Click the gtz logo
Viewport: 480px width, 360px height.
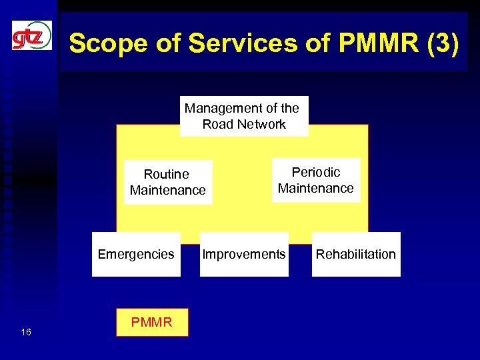tap(31, 35)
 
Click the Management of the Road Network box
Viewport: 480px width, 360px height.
tap(243, 116)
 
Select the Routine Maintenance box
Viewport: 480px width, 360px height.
tap(167, 182)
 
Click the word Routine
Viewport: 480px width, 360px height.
tap(167, 174)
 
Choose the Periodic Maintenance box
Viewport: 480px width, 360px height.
tap(315, 180)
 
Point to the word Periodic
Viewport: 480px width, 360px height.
tap(316, 172)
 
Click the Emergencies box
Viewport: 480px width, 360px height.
tap(136, 254)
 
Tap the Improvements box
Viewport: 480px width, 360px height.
tap(244, 254)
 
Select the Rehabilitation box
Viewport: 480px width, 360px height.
tap(355, 254)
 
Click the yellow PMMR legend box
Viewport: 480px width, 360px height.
tap(152, 323)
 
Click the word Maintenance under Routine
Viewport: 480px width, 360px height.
tap(168, 191)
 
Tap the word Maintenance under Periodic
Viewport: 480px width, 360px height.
tap(316, 189)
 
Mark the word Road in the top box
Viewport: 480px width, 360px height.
tap(217, 125)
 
